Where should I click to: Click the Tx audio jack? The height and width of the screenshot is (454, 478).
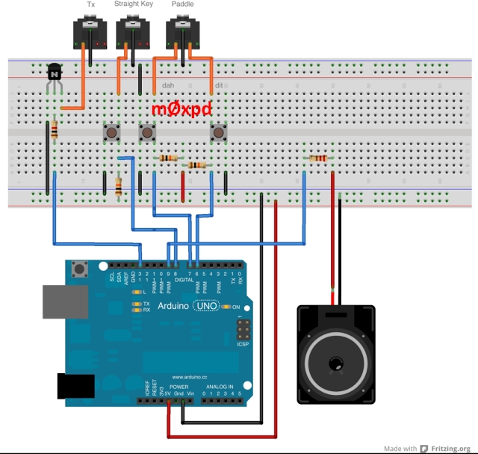click(x=90, y=35)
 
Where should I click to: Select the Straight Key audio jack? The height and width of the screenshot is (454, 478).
click(x=133, y=35)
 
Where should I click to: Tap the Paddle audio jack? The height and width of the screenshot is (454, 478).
click(x=182, y=35)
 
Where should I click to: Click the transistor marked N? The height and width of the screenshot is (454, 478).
click(x=55, y=73)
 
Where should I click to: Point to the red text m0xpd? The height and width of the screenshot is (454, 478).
click(x=181, y=109)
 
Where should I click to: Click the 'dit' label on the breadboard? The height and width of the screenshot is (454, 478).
click(x=218, y=86)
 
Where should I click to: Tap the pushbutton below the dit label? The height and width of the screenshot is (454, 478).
click(x=219, y=134)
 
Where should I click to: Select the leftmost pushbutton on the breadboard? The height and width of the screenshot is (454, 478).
click(x=112, y=134)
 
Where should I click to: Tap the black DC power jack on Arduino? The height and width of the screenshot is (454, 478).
click(x=75, y=386)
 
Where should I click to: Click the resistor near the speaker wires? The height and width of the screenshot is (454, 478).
click(x=318, y=158)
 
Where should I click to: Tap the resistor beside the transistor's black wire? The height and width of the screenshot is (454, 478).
click(x=55, y=131)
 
